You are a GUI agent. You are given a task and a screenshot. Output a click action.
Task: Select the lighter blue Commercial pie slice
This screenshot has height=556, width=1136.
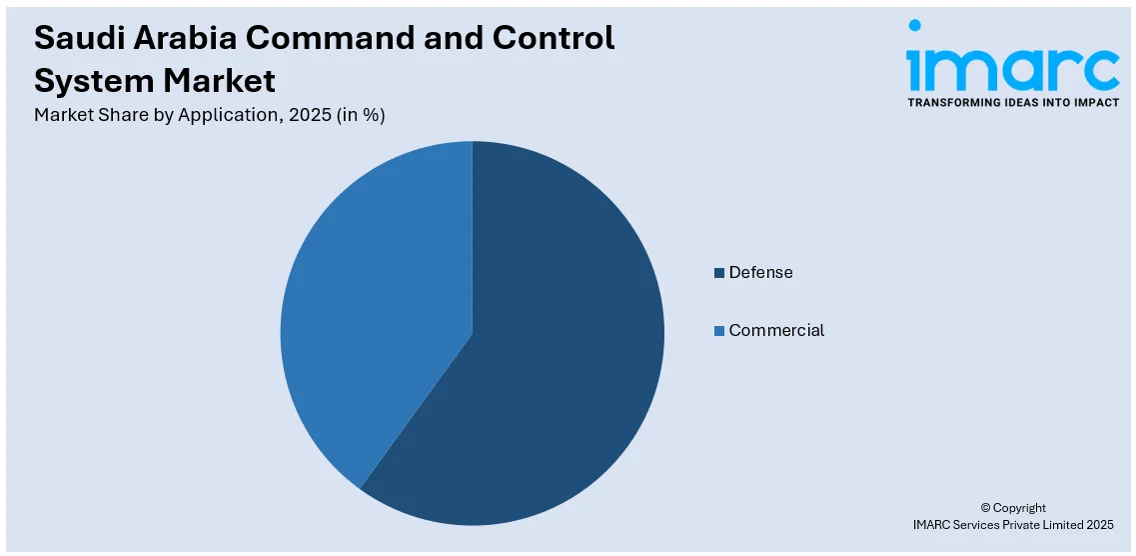380,300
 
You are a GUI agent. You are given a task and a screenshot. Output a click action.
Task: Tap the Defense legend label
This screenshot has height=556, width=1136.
760,273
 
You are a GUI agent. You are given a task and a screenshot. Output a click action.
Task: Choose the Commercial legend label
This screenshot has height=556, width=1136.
776,331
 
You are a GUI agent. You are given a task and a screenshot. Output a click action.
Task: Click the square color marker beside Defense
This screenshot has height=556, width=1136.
719,273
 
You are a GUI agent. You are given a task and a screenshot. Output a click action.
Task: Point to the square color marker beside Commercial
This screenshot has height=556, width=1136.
719,331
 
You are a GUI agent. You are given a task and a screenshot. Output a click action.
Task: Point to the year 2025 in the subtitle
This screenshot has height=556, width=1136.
308,115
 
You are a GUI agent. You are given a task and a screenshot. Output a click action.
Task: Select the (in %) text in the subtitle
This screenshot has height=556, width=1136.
361,115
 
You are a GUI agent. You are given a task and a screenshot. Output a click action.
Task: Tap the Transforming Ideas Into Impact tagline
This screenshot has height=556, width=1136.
1012,102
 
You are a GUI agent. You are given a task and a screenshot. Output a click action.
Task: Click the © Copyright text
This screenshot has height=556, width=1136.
1012,508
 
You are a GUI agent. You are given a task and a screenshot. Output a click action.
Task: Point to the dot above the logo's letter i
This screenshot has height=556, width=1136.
915,27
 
